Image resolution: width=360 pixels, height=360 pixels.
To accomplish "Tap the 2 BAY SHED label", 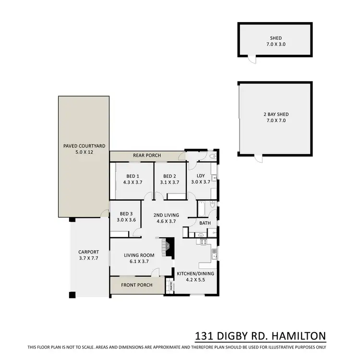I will click(x=275, y=117).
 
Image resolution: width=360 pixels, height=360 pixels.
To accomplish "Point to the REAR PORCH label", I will click(x=147, y=156).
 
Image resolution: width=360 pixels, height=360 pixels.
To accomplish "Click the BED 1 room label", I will click(x=130, y=179).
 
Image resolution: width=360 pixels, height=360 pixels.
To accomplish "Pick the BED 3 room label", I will click(x=126, y=216).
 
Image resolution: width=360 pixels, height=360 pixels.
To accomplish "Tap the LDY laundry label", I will click(x=201, y=179).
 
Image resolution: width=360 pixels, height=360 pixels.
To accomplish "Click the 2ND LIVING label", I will click(x=166, y=218).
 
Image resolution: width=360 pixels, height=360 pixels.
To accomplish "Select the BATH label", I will click(x=205, y=223).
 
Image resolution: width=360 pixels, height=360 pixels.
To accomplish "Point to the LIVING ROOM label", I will click(x=139, y=258).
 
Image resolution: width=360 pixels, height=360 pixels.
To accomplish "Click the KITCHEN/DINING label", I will click(x=195, y=276).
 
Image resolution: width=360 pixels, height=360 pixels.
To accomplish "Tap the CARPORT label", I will click(x=88, y=255).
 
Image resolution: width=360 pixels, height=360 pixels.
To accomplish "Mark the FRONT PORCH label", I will click(x=137, y=285).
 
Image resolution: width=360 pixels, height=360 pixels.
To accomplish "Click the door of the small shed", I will click(x=250, y=58).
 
